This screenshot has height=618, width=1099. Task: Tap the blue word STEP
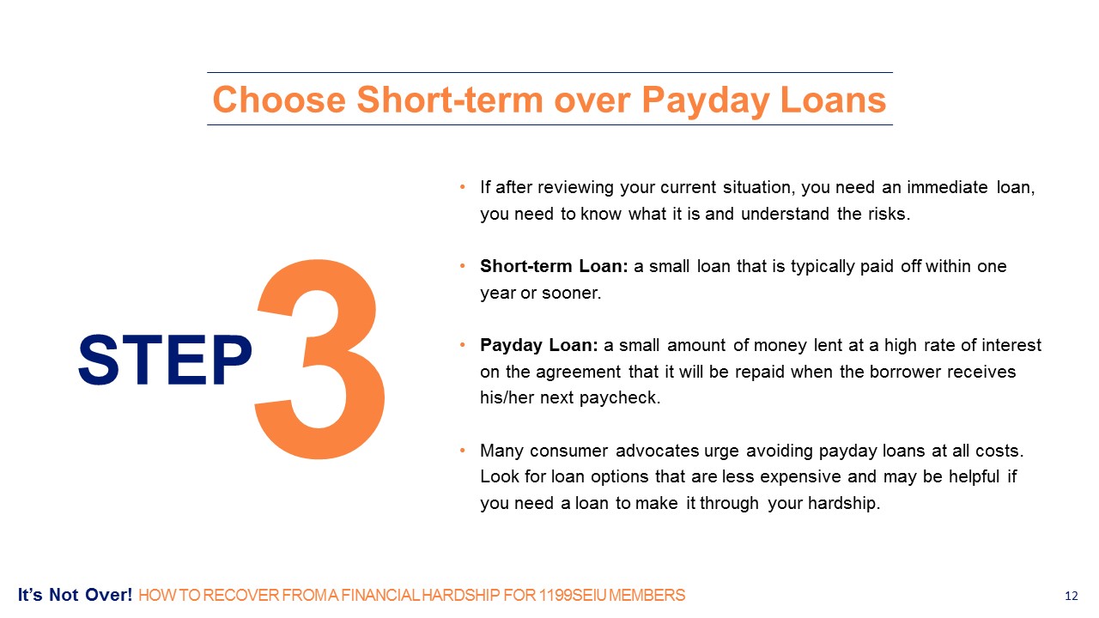[x=165, y=360]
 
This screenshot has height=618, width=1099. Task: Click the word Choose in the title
[x=279, y=100]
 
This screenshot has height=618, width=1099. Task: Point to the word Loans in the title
[x=833, y=100]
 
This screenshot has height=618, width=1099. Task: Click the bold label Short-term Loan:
[x=554, y=266]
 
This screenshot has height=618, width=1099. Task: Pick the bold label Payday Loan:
[x=538, y=346]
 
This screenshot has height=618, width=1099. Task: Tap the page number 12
[x=1071, y=596]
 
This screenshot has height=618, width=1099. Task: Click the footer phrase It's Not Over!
[x=75, y=595]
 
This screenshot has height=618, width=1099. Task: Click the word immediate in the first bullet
[x=947, y=187]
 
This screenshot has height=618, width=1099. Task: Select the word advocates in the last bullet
[x=658, y=451]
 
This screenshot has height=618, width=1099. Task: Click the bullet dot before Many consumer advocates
[x=462, y=451]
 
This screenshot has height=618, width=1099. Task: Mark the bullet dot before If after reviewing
[x=462, y=187]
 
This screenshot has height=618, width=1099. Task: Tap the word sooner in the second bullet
[x=571, y=294]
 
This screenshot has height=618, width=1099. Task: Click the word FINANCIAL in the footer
[x=380, y=596]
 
